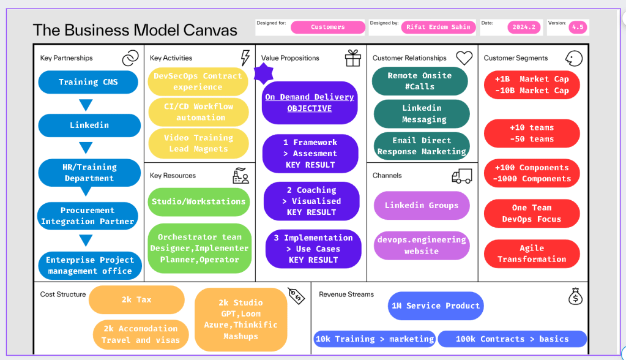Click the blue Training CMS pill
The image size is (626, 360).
(x=88, y=82)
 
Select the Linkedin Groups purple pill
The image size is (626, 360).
(x=422, y=205)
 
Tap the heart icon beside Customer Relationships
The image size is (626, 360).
(x=464, y=58)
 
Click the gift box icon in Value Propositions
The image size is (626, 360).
(x=353, y=58)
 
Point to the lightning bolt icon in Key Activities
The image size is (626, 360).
(x=245, y=58)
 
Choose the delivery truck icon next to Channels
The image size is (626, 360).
(x=462, y=176)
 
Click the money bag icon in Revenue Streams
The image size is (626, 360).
(x=575, y=296)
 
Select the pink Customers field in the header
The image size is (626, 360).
(x=328, y=27)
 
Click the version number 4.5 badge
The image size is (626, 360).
(x=578, y=27)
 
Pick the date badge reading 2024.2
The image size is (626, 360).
(x=524, y=27)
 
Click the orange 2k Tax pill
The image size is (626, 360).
(x=136, y=299)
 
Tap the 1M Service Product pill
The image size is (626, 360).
(x=436, y=306)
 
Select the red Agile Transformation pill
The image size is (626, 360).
(x=532, y=253)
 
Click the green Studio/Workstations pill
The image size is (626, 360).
(x=198, y=202)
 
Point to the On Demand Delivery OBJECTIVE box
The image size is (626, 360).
(x=310, y=103)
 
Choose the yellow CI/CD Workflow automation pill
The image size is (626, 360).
(x=198, y=112)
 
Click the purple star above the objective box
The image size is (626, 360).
(x=264, y=73)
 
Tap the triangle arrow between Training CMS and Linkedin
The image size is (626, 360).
(x=86, y=105)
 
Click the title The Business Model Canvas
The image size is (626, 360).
(x=135, y=31)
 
